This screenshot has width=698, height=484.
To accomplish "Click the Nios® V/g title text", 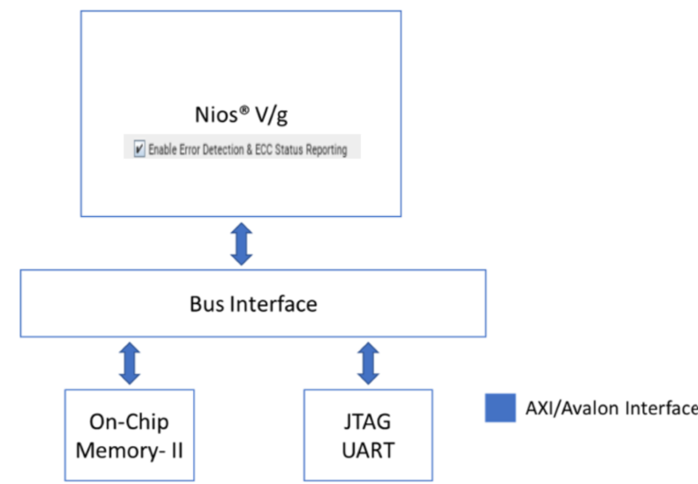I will [241, 116].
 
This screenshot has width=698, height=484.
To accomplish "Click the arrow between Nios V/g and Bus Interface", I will [241, 243].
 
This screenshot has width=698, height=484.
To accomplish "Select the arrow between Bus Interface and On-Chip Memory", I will [130, 363].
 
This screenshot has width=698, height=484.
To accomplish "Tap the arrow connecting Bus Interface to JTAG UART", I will [368, 363].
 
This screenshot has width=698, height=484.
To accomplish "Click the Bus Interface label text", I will [252, 304].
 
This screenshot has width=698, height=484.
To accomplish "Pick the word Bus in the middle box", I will [207, 304].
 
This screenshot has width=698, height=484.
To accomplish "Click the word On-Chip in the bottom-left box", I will [130, 421].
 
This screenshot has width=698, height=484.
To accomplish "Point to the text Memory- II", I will [130, 450].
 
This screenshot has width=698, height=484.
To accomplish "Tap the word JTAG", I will [367, 421].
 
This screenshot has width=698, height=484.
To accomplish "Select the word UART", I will [367, 450].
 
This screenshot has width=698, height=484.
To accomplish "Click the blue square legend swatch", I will [499, 407].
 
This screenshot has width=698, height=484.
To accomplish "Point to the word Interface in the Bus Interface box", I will [272, 304].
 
